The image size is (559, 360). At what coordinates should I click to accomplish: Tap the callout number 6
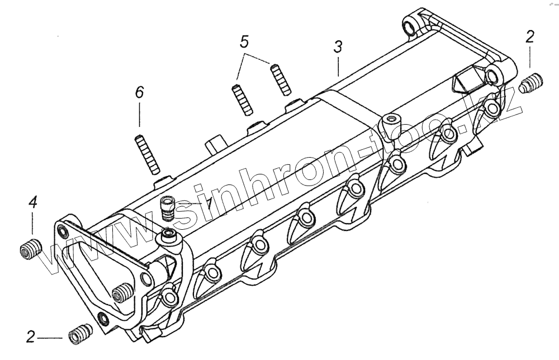pos(139,92)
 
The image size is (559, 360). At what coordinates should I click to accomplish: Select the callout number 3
pos(338,48)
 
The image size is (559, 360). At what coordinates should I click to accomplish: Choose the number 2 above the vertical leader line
pos(530,37)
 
